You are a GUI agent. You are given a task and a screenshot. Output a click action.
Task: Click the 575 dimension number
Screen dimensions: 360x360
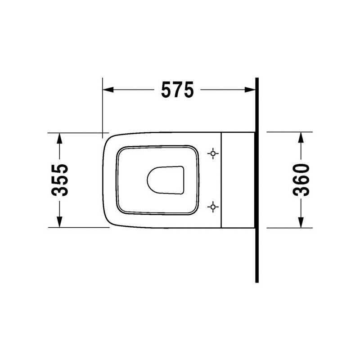click(x=177, y=90)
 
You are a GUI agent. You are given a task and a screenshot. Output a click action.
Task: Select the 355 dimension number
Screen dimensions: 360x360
click(x=60, y=180)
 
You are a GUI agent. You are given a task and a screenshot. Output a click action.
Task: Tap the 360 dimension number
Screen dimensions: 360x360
click(x=301, y=180)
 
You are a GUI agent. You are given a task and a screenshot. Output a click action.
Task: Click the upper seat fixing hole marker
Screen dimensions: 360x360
click(x=213, y=153)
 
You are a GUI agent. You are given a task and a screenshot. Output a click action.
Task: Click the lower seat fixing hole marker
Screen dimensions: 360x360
click(x=213, y=207)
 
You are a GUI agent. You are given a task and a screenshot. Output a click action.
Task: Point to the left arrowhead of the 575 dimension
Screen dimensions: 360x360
click(x=108, y=90)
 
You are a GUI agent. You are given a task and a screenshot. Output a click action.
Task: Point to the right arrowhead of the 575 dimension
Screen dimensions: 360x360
click(x=250, y=90)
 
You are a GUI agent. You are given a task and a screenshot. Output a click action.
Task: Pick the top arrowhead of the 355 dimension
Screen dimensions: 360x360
click(x=59, y=139)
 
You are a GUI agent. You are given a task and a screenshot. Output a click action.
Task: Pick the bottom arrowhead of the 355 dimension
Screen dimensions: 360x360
click(x=59, y=222)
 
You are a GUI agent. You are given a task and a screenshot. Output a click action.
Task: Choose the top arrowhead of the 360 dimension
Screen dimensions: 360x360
click(x=301, y=138)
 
